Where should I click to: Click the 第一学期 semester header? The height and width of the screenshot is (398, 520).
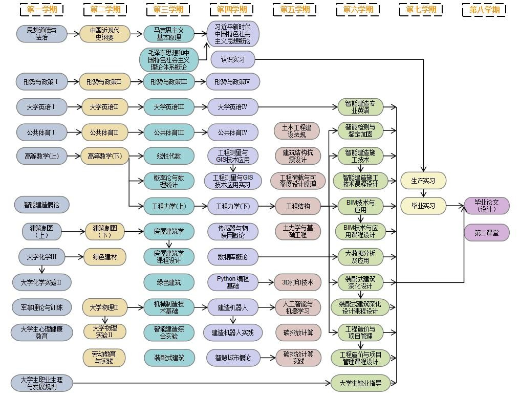tap(41, 9)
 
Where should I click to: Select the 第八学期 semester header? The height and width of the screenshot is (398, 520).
tap(484, 10)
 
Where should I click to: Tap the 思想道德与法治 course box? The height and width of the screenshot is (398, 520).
tap(42, 34)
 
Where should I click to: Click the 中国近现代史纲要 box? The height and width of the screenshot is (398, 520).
tap(105, 34)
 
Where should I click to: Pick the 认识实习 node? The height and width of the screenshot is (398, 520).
tap(233, 59)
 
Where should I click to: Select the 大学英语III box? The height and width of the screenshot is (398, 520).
tap(169, 107)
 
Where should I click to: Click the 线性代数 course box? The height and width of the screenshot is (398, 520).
tap(169, 156)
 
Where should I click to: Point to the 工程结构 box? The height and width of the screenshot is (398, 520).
tap(297, 206)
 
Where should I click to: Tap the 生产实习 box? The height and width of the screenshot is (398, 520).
tap(423, 181)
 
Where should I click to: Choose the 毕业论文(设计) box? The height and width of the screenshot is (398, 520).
tap(486, 206)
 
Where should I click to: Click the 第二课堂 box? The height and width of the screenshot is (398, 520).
tap(486, 233)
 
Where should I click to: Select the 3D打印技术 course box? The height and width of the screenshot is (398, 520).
tap(297, 282)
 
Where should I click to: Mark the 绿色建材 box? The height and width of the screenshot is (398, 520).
tap(105, 257)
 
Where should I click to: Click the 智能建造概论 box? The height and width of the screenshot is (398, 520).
tap(41, 205)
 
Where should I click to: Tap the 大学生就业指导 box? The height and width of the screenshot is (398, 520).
tap(360, 383)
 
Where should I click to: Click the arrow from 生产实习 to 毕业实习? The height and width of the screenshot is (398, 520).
tap(423, 193)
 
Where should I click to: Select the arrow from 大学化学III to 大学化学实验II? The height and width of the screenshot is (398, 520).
tap(42, 270)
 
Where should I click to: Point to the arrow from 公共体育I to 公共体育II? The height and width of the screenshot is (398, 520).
tap(74, 132)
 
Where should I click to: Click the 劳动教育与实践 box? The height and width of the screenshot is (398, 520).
tap(104, 358)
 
